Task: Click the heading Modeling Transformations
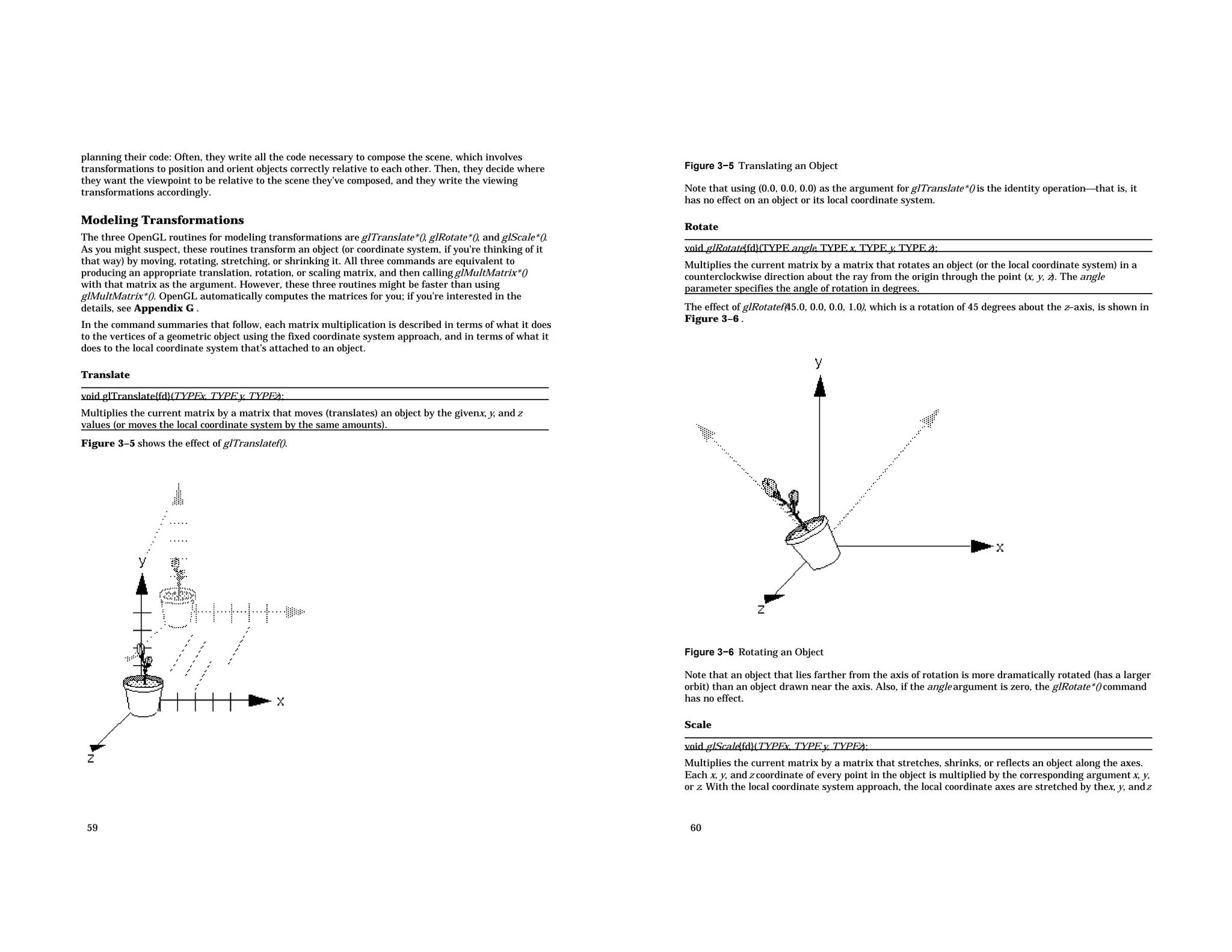click(x=162, y=220)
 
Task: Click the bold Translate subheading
click(x=105, y=375)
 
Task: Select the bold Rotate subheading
click(x=701, y=227)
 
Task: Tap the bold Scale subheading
click(x=697, y=725)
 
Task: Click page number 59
click(x=92, y=828)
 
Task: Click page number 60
click(x=695, y=828)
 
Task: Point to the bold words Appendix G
click(x=164, y=309)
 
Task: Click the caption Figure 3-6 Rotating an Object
click(x=754, y=652)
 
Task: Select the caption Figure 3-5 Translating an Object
click(x=761, y=166)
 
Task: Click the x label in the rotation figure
click(x=1000, y=548)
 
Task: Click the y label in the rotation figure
click(x=818, y=362)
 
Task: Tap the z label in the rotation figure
click(x=761, y=610)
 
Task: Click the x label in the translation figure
click(x=280, y=702)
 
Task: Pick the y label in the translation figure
click(x=142, y=561)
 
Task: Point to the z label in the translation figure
click(x=91, y=759)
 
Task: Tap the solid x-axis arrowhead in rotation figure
click(x=981, y=546)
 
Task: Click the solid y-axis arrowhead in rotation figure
click(x=819, y=387)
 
